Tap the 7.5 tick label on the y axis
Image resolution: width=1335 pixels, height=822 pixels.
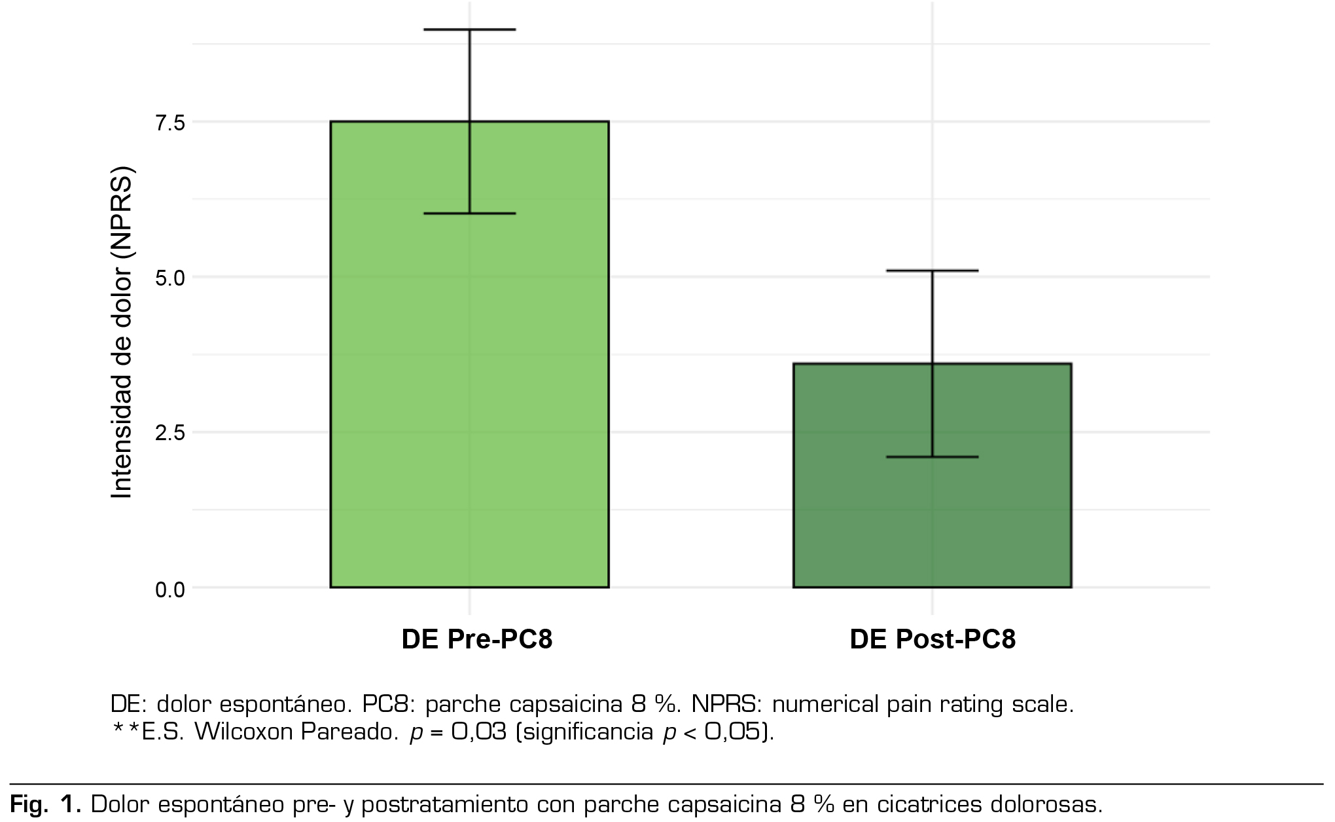[x=169, y=122]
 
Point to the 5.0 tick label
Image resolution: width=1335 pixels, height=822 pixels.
[x=169, y=278]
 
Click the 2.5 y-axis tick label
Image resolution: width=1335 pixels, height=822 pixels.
[x=169, y=433]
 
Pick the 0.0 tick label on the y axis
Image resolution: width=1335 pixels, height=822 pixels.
[x=169, y=589]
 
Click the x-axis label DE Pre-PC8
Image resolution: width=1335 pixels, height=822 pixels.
[x=477, y=639]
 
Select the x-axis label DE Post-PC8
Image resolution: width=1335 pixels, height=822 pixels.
[x=933, y=639]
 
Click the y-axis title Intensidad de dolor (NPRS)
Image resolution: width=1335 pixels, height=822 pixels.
[x=122, y=333]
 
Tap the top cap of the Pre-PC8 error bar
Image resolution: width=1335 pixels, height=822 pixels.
[x=470, y=29]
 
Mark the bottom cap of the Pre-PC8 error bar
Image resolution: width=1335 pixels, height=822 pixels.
[x=470, y=214]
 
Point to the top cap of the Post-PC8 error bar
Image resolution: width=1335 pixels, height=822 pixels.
[x=933, y=271]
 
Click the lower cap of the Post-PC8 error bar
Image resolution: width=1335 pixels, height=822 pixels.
[x=933, y=457]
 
